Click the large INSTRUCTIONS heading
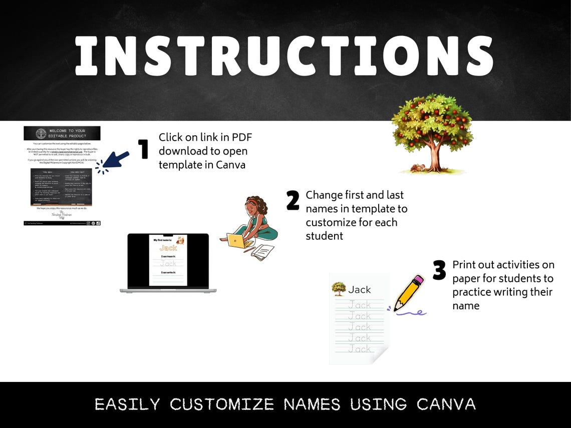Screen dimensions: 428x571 [284, 56]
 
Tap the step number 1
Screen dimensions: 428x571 [144, 149]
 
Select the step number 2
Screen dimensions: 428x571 [293, 200]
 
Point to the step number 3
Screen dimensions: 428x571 [439, 270]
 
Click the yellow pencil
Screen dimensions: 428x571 [408, 293]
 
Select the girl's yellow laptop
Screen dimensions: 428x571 [239, 241]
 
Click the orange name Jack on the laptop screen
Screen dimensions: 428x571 [168, 248]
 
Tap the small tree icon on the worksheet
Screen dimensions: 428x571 [339, 289]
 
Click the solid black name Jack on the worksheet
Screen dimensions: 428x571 [360, 289]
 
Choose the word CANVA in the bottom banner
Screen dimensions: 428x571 [446, 404]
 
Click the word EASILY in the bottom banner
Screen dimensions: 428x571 [127, 404]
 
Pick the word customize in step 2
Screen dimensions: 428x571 [332, 222]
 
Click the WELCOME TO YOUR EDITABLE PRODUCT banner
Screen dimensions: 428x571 [62, 133]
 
